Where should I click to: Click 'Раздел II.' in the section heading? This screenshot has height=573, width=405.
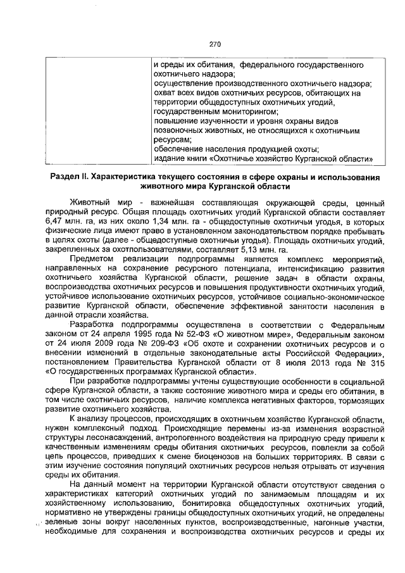(70, 175)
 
